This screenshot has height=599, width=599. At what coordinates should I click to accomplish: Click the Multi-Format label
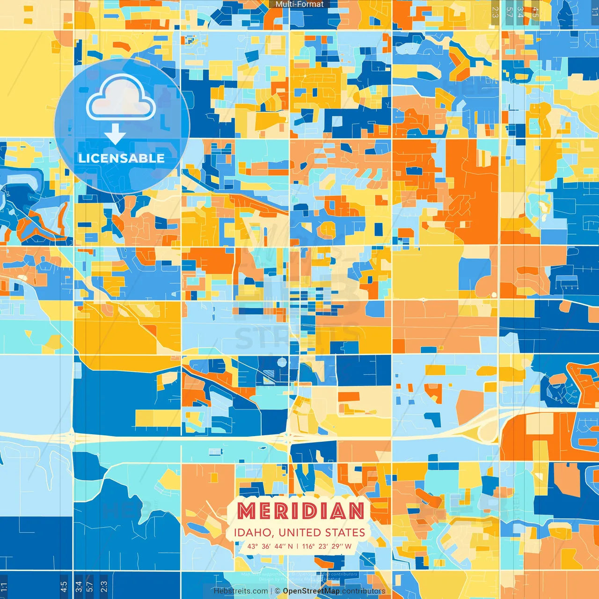299,4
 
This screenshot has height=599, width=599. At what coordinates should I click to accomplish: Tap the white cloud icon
121,99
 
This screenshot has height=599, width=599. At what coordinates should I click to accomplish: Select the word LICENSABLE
122,158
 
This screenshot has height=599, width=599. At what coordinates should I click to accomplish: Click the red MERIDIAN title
300,511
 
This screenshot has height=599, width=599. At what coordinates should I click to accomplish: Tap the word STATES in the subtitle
345,533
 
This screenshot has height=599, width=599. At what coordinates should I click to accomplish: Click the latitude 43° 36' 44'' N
270,546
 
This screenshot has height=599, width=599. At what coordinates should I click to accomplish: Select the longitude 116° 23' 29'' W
327,546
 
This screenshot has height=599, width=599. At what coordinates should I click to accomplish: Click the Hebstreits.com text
241,591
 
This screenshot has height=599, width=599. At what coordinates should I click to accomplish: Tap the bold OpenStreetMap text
311,591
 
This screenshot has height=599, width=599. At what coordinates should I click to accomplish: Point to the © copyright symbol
278,591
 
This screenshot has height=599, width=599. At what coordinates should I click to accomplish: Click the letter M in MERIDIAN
247,511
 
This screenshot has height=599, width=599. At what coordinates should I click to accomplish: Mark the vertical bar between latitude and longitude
298,546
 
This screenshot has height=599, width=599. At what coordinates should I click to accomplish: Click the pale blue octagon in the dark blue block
282,362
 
